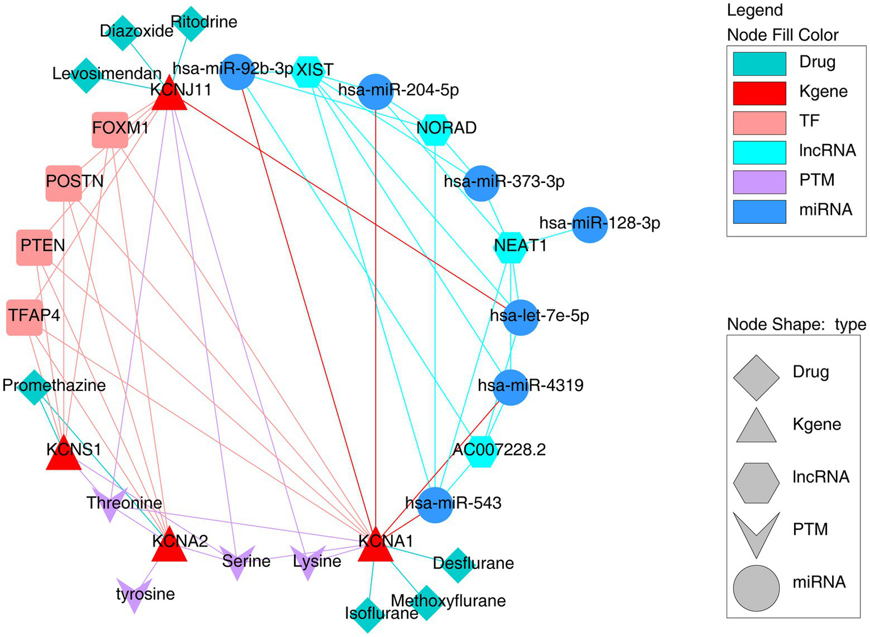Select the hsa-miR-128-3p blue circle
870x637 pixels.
[x=590, y=224]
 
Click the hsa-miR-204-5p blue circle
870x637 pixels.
[x=376, y=92]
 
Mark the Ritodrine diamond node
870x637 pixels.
[x=191, y=24]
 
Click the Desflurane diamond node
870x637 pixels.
[x=457, y=565]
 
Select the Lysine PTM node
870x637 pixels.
[x=307, y=562]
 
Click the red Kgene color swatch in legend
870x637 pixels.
[x=759, y=94]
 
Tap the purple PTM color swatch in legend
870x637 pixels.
[x=759, y=182]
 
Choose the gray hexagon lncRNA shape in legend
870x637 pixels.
[x=756, y=483]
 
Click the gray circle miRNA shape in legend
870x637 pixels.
[x=756, y=588]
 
